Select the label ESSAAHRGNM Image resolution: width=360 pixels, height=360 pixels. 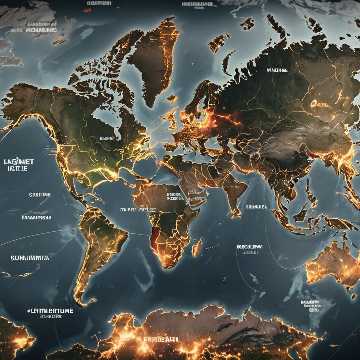37,218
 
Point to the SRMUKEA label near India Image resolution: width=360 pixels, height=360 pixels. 256,207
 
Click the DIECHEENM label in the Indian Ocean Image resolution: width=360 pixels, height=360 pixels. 250,247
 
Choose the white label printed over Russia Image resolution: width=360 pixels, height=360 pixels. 277,70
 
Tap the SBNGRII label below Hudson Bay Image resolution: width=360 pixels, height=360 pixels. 107,139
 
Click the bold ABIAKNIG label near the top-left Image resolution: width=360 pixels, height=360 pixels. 41,30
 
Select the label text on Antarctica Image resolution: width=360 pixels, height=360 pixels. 161,340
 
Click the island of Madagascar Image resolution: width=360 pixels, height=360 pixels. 197,247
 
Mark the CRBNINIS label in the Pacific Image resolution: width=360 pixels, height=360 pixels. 40,194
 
